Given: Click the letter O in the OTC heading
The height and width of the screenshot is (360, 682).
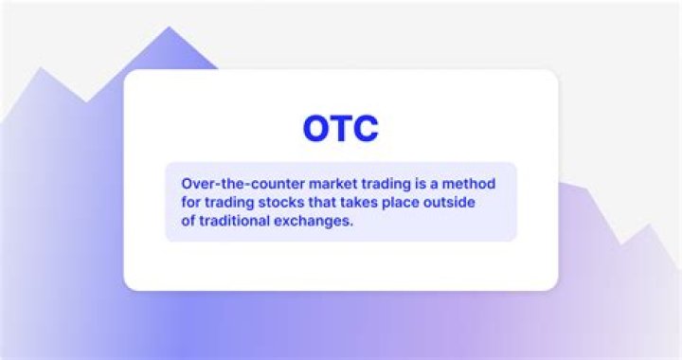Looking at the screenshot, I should pos(317,128).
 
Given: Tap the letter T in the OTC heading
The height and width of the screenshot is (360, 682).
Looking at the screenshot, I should pos(342,128).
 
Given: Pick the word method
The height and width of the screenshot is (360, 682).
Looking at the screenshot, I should pos(490,182).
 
